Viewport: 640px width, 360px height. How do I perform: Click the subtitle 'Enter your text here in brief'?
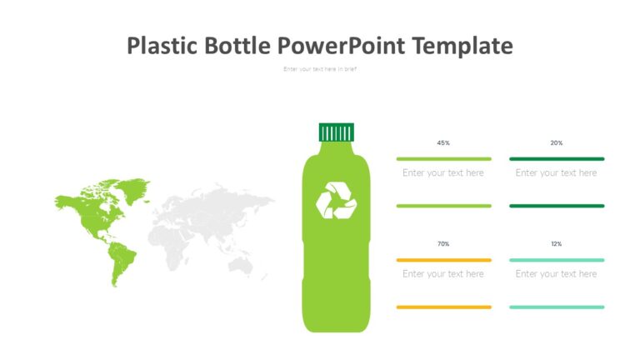[x=320, y=69]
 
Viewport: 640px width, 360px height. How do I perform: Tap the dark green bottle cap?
[x=336, y=132]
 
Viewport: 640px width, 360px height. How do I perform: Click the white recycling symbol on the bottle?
[x=336, y=200]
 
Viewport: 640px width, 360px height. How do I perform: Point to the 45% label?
[x=443, y=143]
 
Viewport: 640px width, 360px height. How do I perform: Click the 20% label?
[x=556, y=143]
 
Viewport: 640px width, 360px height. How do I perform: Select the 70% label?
[x=443, y=244]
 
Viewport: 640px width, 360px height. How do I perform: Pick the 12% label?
[x=556, y=244]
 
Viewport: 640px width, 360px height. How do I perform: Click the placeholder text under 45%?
[x=443, y=173]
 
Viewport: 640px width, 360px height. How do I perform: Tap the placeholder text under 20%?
[x=556, y=173]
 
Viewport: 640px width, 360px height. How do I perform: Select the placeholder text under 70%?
[x=443, y=274]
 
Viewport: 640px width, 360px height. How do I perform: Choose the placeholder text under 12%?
[x=556, y=274]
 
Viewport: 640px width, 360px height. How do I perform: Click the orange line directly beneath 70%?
[x=443, y=260]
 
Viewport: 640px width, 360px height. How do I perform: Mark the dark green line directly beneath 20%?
[x=556, y=158]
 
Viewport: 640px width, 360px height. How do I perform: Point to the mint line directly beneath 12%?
[x=556, y=260]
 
